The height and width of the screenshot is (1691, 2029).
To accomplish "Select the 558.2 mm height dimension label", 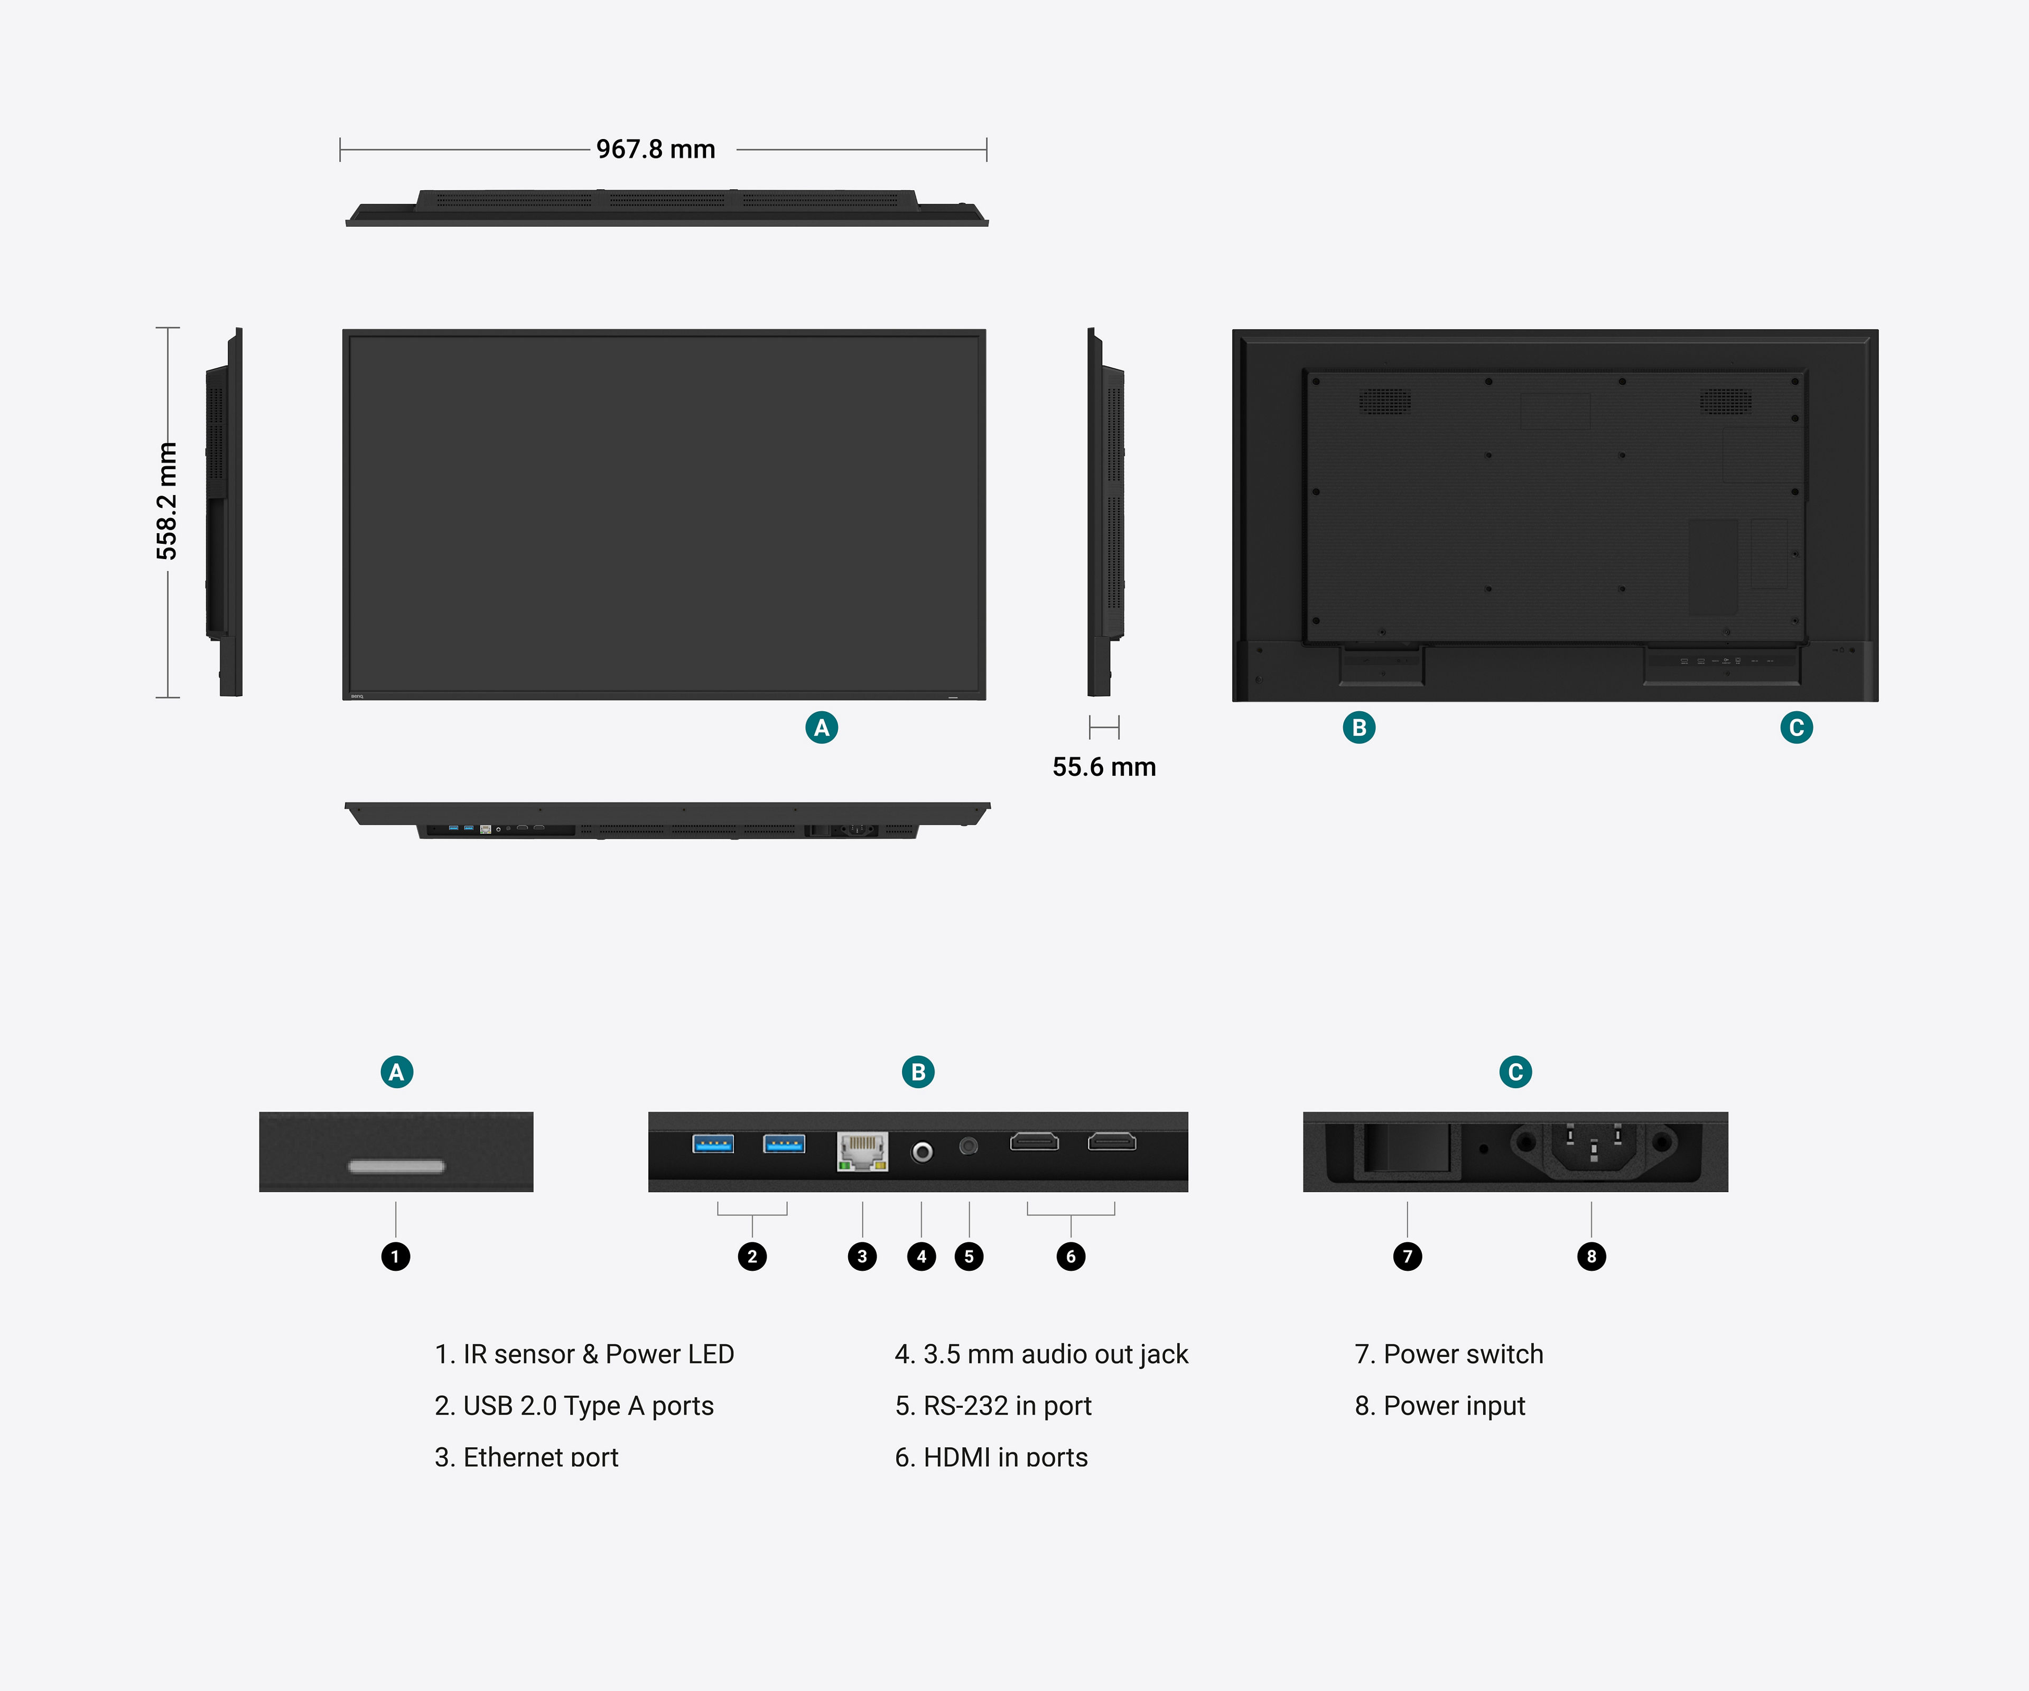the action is (167, 500).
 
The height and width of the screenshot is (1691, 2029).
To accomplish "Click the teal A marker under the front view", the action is (821, 728).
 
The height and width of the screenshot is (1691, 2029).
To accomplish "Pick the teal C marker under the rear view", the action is (1796, 728).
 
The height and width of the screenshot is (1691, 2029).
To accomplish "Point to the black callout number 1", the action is (395, 1256).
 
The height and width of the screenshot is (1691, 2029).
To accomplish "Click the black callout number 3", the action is (862, 1256).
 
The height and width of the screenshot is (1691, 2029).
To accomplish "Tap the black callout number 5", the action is (969, 1256).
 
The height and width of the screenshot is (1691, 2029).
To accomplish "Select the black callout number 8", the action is (1591, 1256).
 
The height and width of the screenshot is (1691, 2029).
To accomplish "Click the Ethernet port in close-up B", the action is (862, 1151).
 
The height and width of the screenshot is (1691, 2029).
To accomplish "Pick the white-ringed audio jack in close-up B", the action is (922, 1152).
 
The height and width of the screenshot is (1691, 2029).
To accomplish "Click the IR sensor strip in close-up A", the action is (396, 1166).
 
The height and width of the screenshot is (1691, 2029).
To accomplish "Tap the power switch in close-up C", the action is (1407, 1149).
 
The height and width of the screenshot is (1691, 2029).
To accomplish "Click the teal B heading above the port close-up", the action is (918, 1072).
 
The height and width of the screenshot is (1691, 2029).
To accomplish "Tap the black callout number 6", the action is (1071, 1256).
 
